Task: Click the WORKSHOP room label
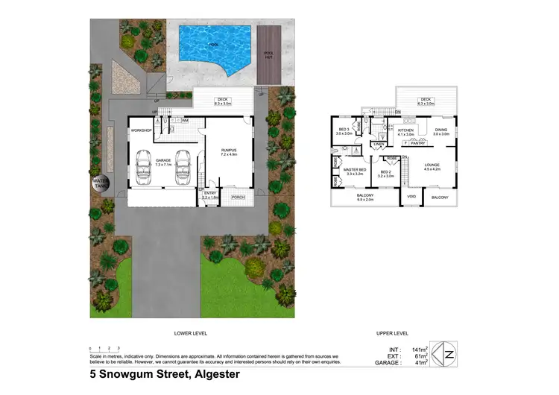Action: point(142,131)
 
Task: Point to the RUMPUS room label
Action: point(229,151)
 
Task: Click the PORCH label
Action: point(238,197)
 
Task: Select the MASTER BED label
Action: point(354,171)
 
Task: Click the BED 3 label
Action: point(344,130)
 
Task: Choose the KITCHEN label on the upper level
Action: point(405,130)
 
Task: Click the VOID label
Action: point(411,197)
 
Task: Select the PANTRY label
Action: point(417,143)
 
